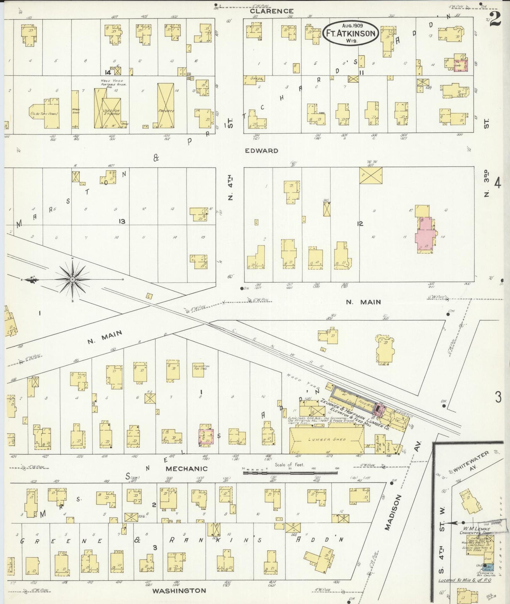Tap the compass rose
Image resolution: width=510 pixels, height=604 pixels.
tap(72, 279)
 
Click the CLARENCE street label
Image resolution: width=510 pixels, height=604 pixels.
tap(271, 11)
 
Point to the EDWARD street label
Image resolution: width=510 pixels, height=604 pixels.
tap(262, 151)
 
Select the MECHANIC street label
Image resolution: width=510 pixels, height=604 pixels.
tap(186, 469)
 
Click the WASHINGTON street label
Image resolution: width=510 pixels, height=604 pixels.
tap(179, 590)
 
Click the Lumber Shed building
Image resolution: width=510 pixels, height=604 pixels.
tap(326, 440)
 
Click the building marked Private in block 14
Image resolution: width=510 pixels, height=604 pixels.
tap(166, 106)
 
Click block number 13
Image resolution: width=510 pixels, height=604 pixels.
tap(122, 221)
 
